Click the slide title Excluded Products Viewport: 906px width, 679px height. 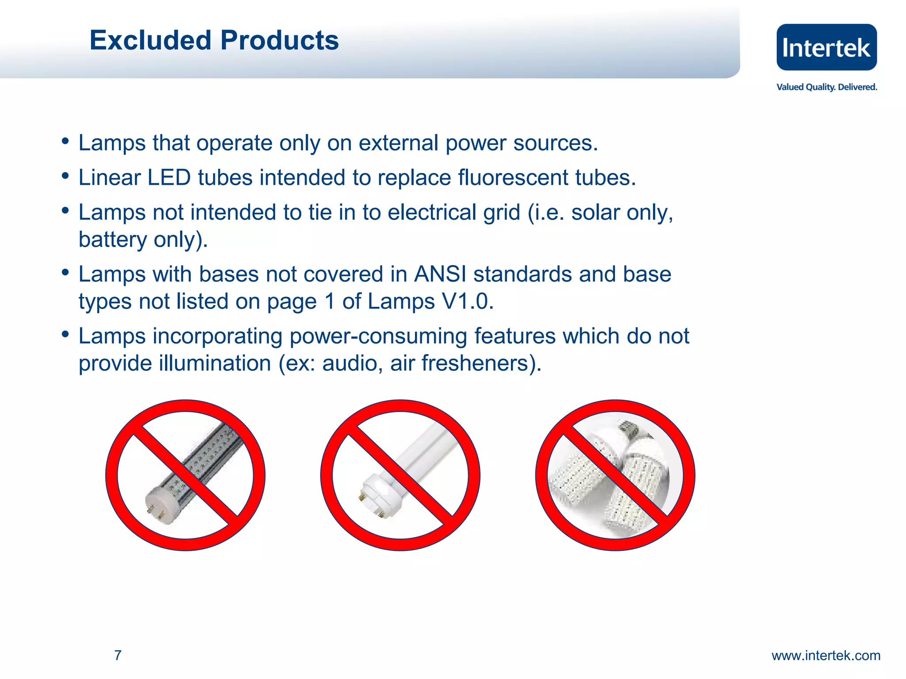pyautogui.click(x=214, y=40)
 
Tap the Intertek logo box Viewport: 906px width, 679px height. pyautogui.click(x=826, y=47)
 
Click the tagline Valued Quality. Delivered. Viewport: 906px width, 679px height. pyautogui.click(x=826, y=87)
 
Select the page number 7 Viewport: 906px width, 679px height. pyautogui.click(x=118, y=655)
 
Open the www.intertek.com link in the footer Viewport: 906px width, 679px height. pyautogui.click(x=826, y=655)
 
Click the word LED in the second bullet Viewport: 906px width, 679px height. pyautogui.click(x=169, y=178)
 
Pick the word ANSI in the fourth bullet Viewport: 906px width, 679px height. pyautogui.click(x=440, y=274)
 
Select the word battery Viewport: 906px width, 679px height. pyautogui.click(x=112, y=240)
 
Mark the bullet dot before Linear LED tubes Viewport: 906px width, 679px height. pyautogui.click(x=65, y=176)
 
